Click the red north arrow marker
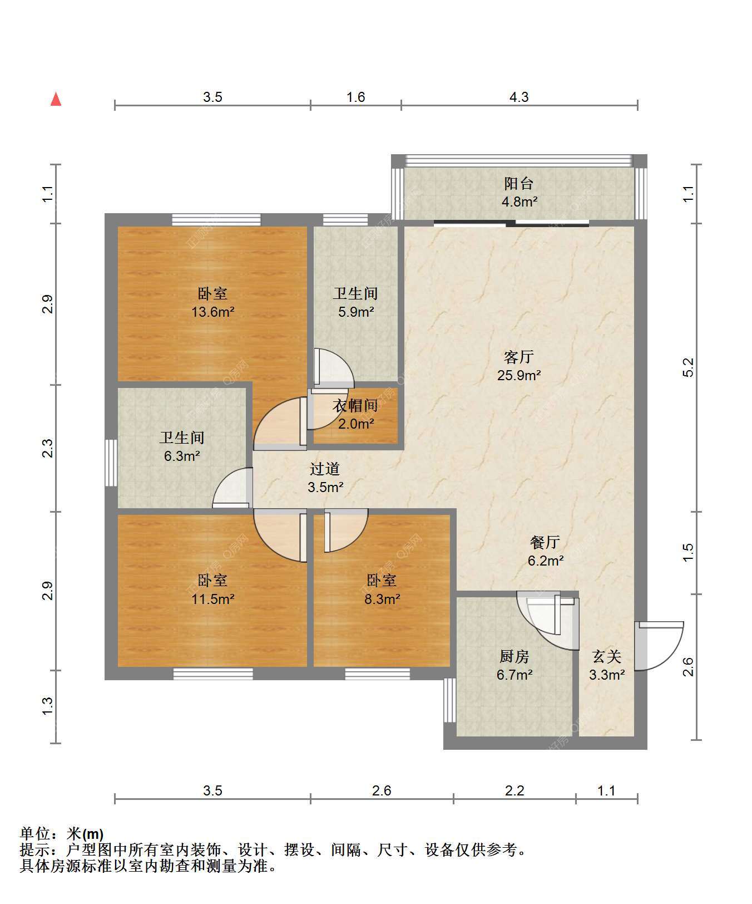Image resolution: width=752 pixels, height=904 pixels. tap(56, 99)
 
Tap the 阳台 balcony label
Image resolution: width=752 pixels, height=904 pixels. tap(519, 183)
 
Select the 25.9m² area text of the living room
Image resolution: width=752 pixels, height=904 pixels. tap(519, 375)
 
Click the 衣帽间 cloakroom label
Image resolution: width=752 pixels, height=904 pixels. tap(355, 406)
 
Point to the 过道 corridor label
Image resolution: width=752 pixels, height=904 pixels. tap(325, 469)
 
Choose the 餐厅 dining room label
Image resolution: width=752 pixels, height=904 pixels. tap(545, 542)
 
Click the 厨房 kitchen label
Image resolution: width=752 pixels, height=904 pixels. tap(514, 656)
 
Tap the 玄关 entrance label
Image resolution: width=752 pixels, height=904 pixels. tap(606, 656)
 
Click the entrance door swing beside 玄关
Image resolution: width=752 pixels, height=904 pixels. tap(660, 646)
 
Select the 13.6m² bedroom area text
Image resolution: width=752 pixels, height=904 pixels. tap(212, 312)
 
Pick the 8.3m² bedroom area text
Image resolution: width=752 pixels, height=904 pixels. tap(382, 599)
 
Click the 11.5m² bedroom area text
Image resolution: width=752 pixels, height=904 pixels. tap(212, 599)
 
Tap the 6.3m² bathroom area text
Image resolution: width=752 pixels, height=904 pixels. tap(182, 456)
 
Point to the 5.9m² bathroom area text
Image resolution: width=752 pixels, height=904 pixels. tap(355, 312)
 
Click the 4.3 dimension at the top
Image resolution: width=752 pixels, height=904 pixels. tap(519, 97)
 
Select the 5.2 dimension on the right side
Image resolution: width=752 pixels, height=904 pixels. tap(688, 367)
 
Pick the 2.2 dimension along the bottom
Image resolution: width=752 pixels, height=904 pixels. tap(514, 790)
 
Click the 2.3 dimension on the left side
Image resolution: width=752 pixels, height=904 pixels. tap(48, 448)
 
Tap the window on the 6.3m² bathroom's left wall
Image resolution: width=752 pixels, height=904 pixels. tap(111, 463)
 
